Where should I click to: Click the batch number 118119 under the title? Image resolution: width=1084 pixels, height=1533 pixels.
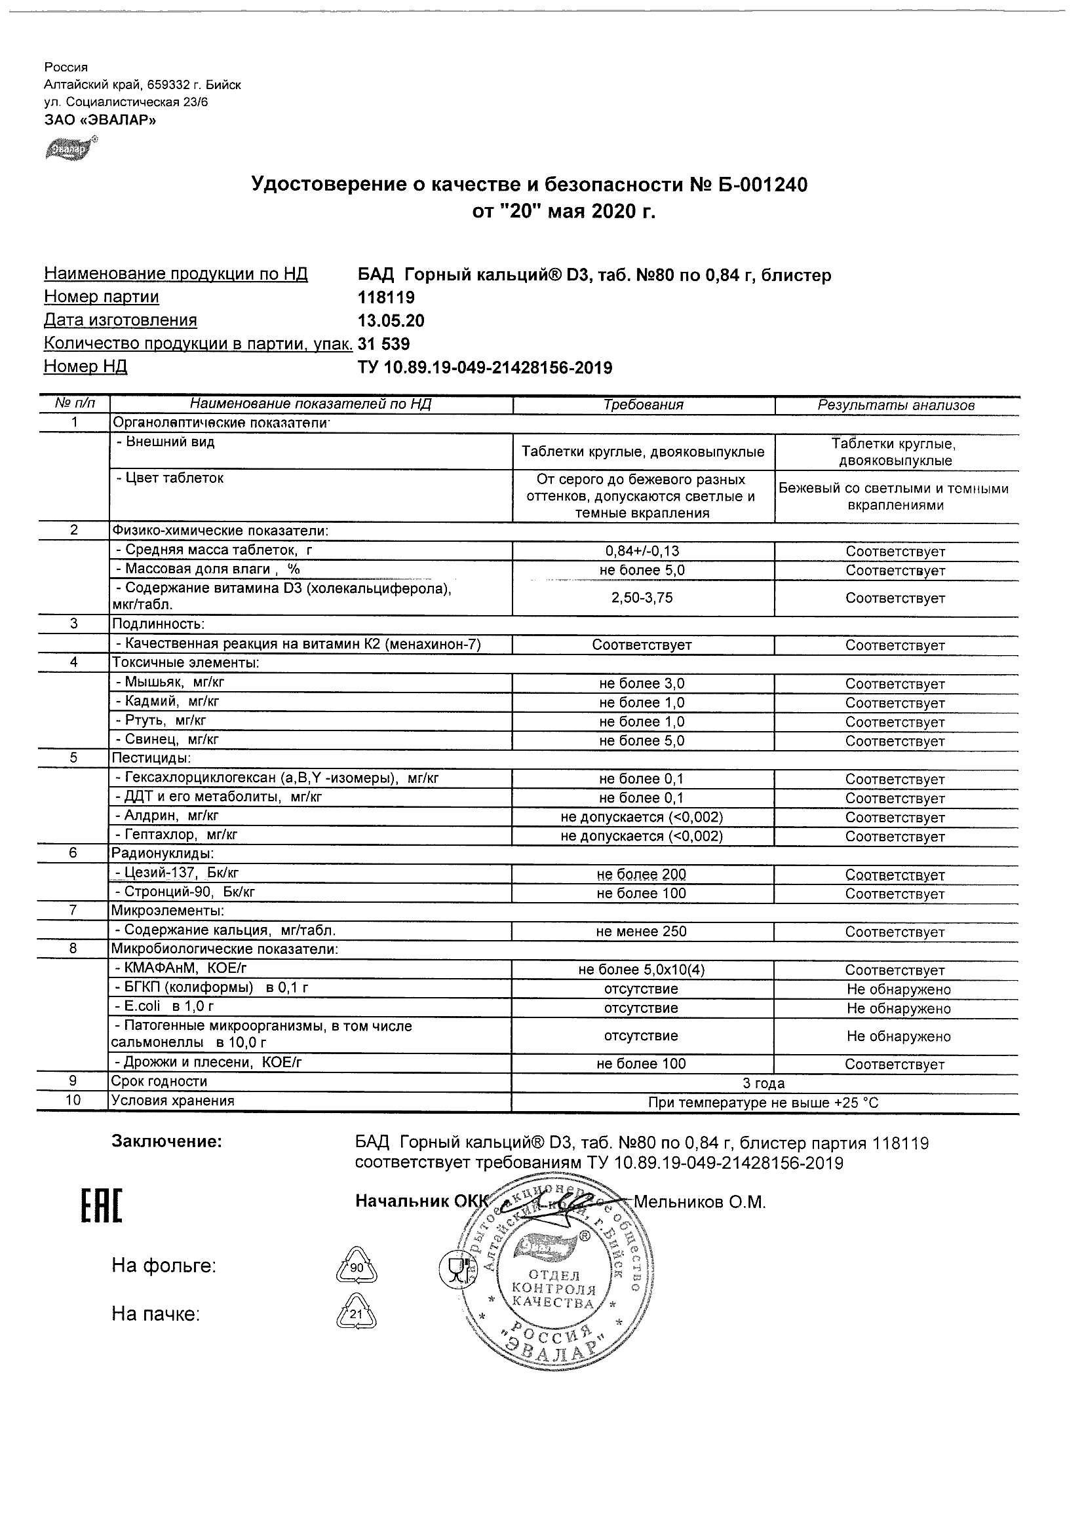[x=386, y=298]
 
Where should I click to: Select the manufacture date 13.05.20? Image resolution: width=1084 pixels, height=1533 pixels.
[x=391, y=321]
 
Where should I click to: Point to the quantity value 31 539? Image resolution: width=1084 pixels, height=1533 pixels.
[x=384, y=344]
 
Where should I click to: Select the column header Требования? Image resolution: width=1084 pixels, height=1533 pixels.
[x=643, y=405]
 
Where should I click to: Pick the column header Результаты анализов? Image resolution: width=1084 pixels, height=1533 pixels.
[x=896, y=405]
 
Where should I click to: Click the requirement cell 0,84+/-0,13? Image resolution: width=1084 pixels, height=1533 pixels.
[x=642, y=552]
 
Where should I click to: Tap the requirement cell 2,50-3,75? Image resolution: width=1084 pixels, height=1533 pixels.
[x=642, y=597]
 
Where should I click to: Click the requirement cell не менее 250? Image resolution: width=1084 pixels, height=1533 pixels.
[x=641, y=932]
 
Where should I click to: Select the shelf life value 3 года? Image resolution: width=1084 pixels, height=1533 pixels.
[x=764, y=1084]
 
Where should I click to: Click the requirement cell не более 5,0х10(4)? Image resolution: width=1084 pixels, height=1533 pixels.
[x=642, y=970]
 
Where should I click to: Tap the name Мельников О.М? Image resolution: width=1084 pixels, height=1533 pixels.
[x=699, y=1203]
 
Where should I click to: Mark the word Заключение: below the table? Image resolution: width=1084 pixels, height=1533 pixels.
[x=166, y=1142]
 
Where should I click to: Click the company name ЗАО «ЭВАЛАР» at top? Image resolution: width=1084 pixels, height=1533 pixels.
[x=100, y=120]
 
